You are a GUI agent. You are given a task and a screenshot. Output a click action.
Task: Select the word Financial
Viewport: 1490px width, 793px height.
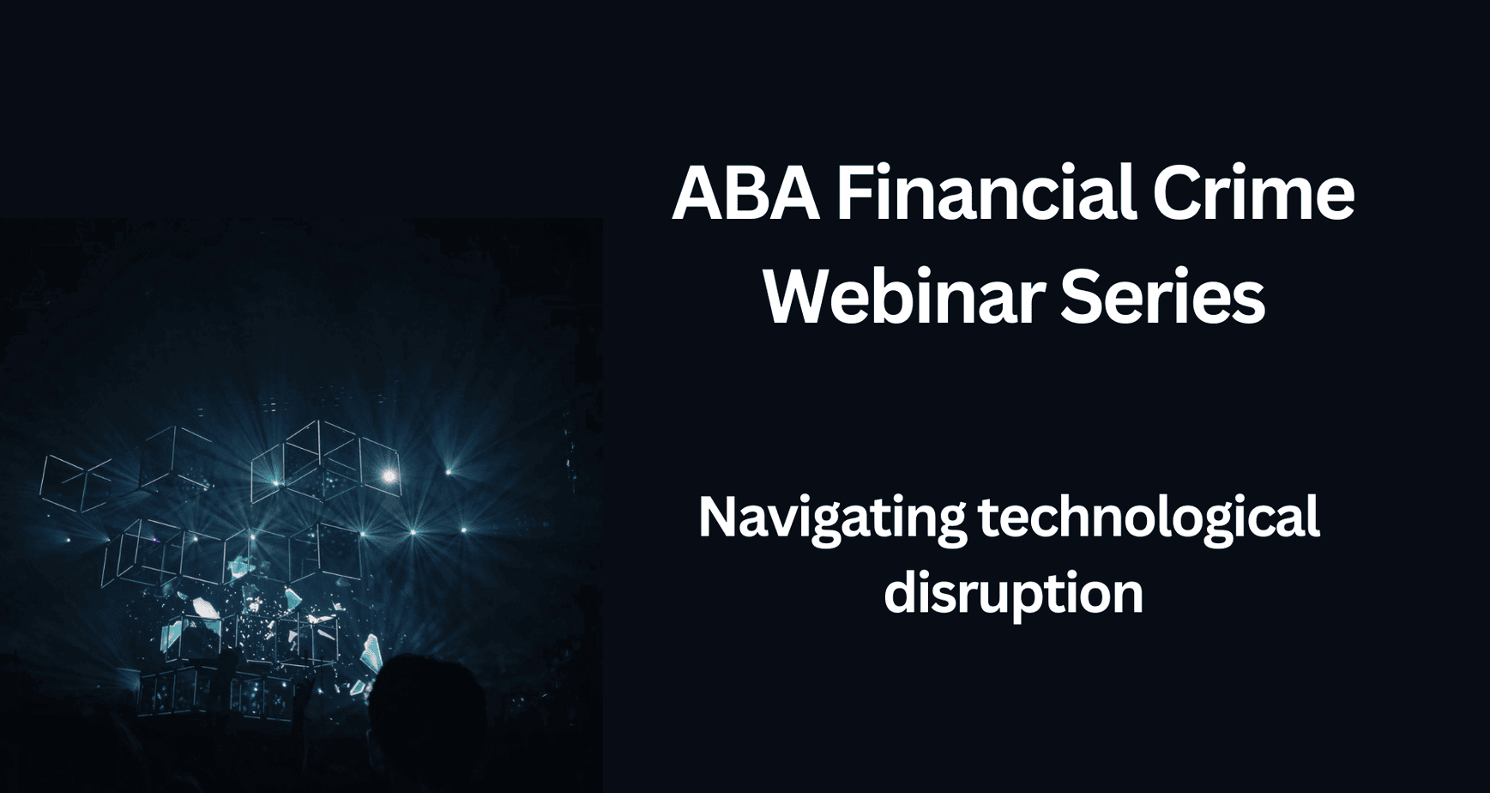[x=986, y=193]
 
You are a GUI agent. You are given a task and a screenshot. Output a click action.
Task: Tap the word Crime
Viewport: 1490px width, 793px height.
[x=1252, y=193]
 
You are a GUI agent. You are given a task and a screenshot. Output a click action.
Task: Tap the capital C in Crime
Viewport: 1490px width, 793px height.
[x=1177, y=193]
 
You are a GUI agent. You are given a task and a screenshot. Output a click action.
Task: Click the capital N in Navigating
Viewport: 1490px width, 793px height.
[x=715, y=518]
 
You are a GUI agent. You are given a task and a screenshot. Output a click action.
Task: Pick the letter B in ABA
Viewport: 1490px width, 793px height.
[x=745, y=193]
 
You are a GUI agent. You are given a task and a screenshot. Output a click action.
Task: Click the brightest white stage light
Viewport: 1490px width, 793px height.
[x=389, y=475]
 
